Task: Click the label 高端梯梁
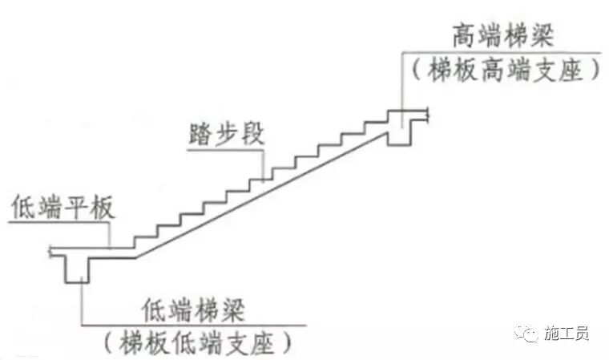502,37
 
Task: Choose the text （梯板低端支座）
196,342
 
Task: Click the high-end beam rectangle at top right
400,127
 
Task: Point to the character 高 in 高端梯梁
462,37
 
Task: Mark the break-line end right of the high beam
431,116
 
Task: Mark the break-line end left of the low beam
51,252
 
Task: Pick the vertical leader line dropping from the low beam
83,305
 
